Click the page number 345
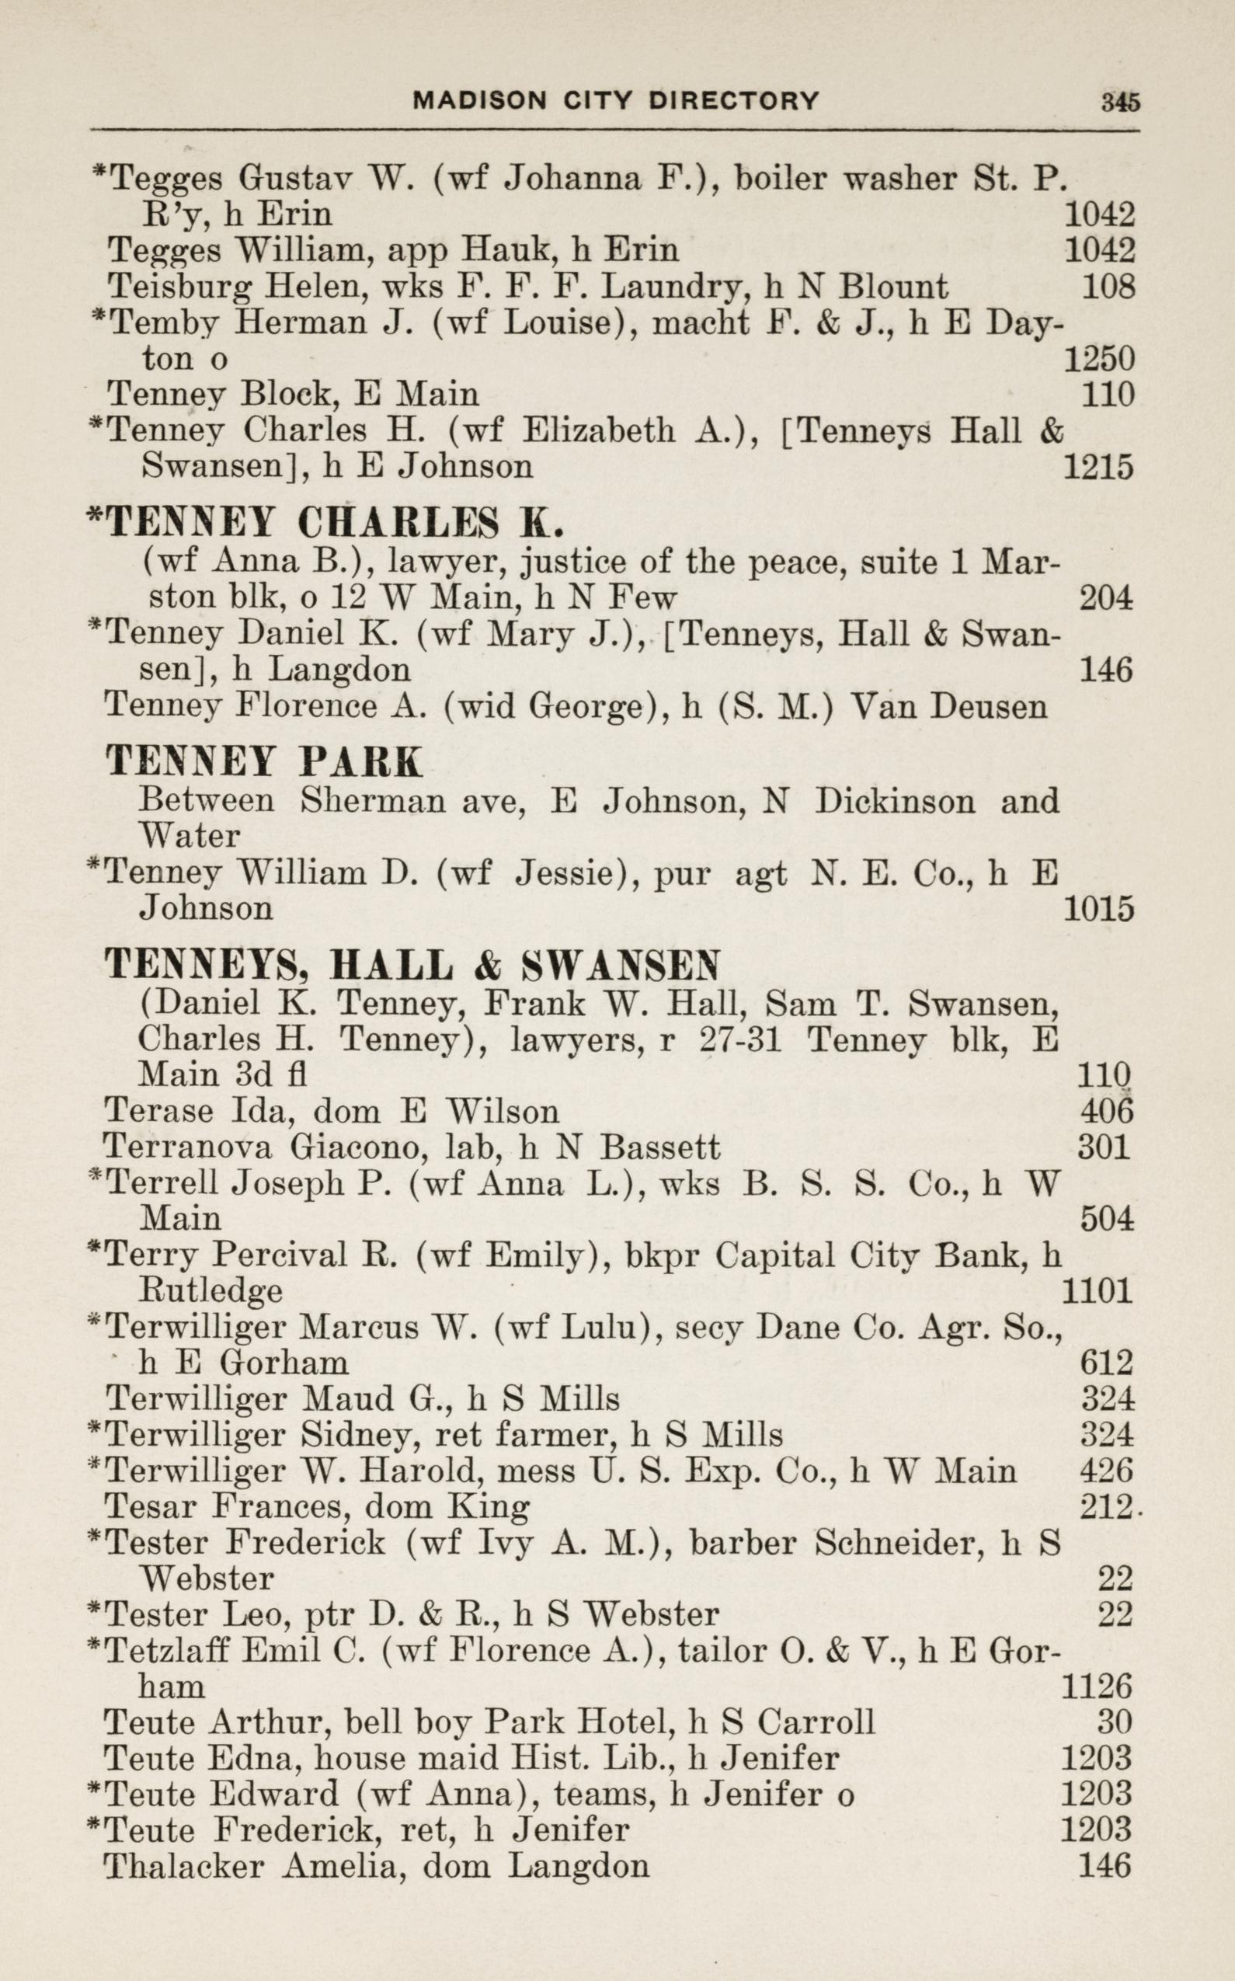(1119, 101)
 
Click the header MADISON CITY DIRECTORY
(616, 100)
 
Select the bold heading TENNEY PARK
(264, 762)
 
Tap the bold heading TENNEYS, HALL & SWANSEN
(412, 966)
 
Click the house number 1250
(1099, 359)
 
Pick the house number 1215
(1099, 467)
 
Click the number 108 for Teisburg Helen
(1108, 287)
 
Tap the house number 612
(1107, 1363)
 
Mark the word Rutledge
(211, 1291)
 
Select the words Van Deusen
(948, 706)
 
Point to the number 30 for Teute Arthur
(1114, 1722)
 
